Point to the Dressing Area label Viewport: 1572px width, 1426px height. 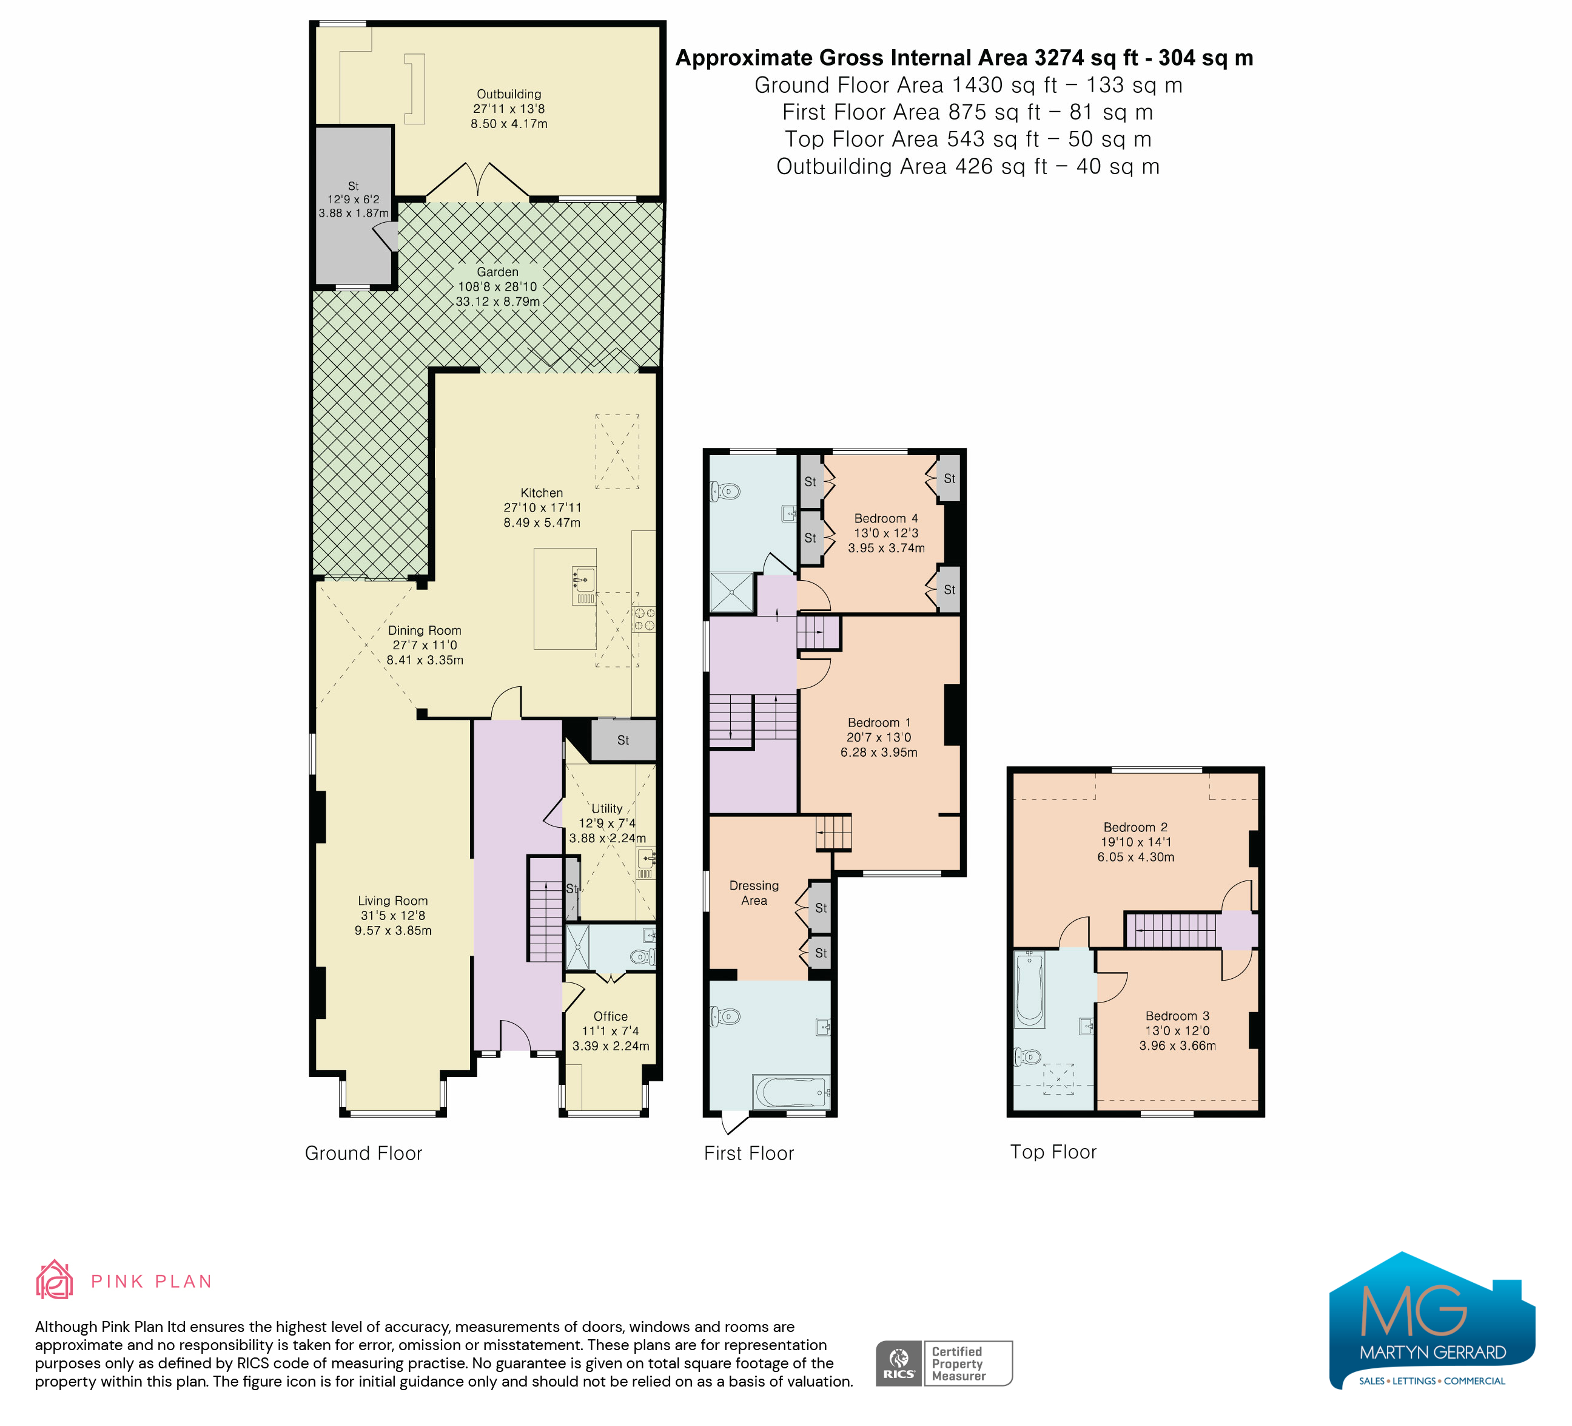pos(754,893)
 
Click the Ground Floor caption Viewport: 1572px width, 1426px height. pos(363,1154)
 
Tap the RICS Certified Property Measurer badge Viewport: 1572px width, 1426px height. pos(944,1363)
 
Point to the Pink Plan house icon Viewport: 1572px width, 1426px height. pos(55,1280)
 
